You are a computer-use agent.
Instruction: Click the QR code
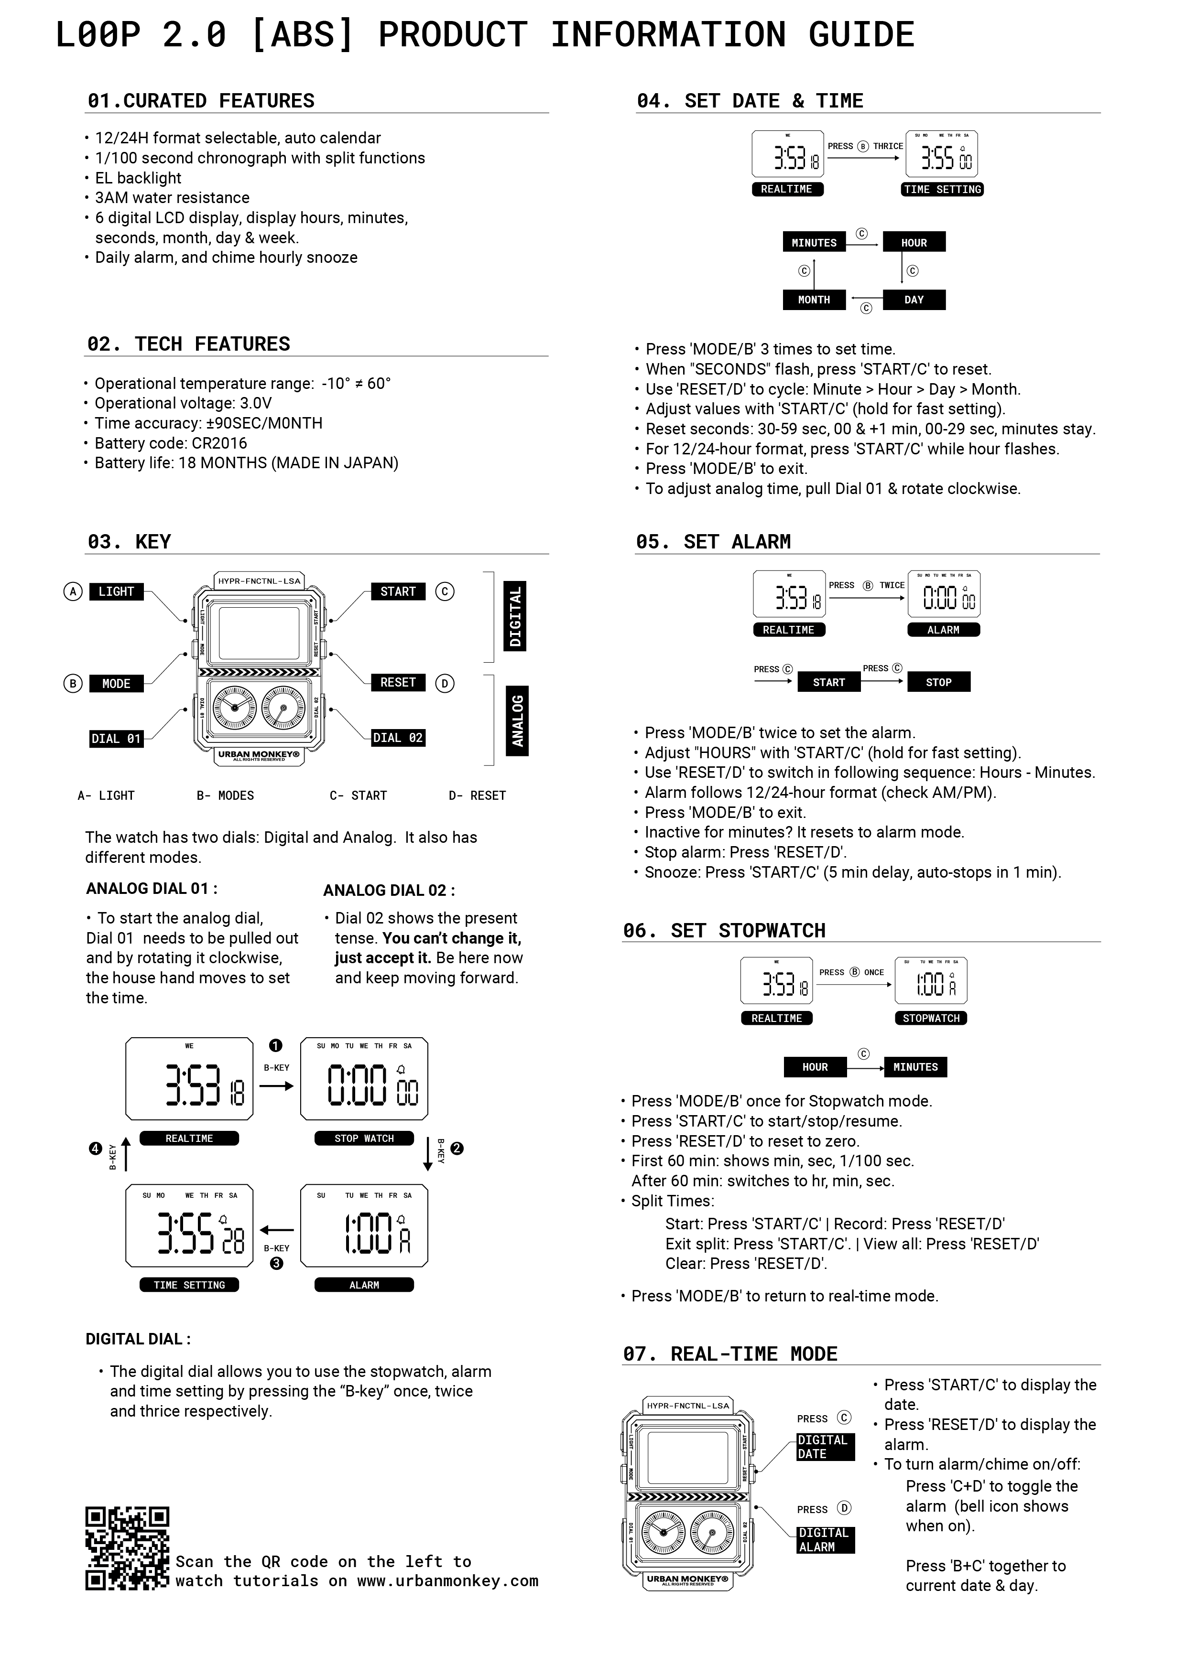click(x=127, y=1547)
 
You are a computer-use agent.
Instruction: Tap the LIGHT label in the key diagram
click(x=116, y=591)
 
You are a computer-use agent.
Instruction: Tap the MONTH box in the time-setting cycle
click(x=814, y=300)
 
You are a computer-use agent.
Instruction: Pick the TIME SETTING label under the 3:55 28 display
click(x=189, y=1285)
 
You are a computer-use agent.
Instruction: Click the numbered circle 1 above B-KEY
click(x=275, y=1046)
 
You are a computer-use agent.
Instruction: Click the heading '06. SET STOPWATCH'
click(x=724, y=931)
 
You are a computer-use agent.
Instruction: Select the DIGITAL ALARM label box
click(x=825, y=1539)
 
